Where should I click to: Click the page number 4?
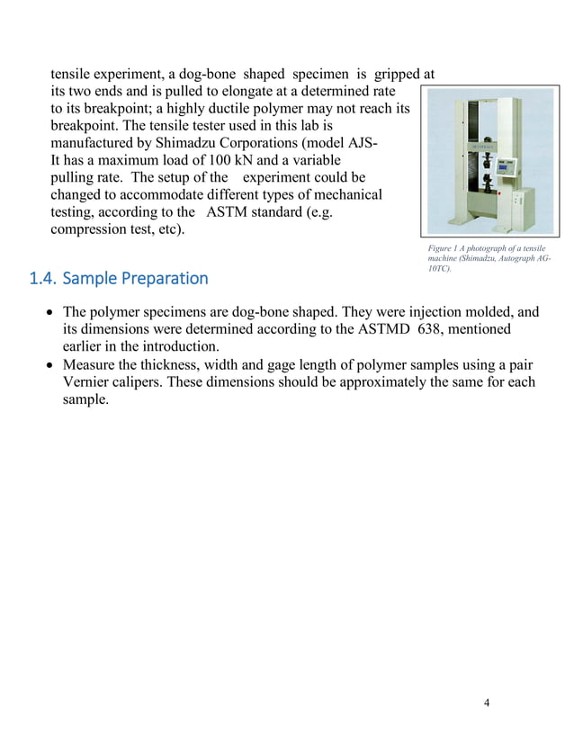click(x=487, y=703)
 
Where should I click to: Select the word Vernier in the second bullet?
click(x=88, y=381)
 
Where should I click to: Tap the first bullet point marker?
click(x=50, y=313)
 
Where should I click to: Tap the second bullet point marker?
click(x=50, y=364)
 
